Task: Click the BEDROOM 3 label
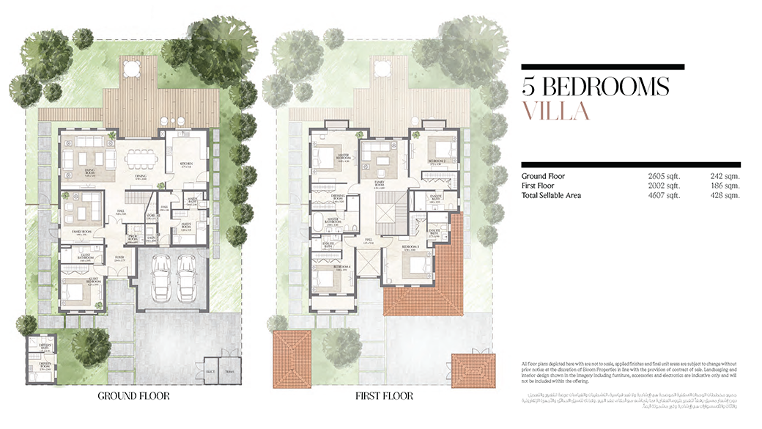click(410, 250)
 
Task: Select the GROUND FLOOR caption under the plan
click(134, 396)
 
